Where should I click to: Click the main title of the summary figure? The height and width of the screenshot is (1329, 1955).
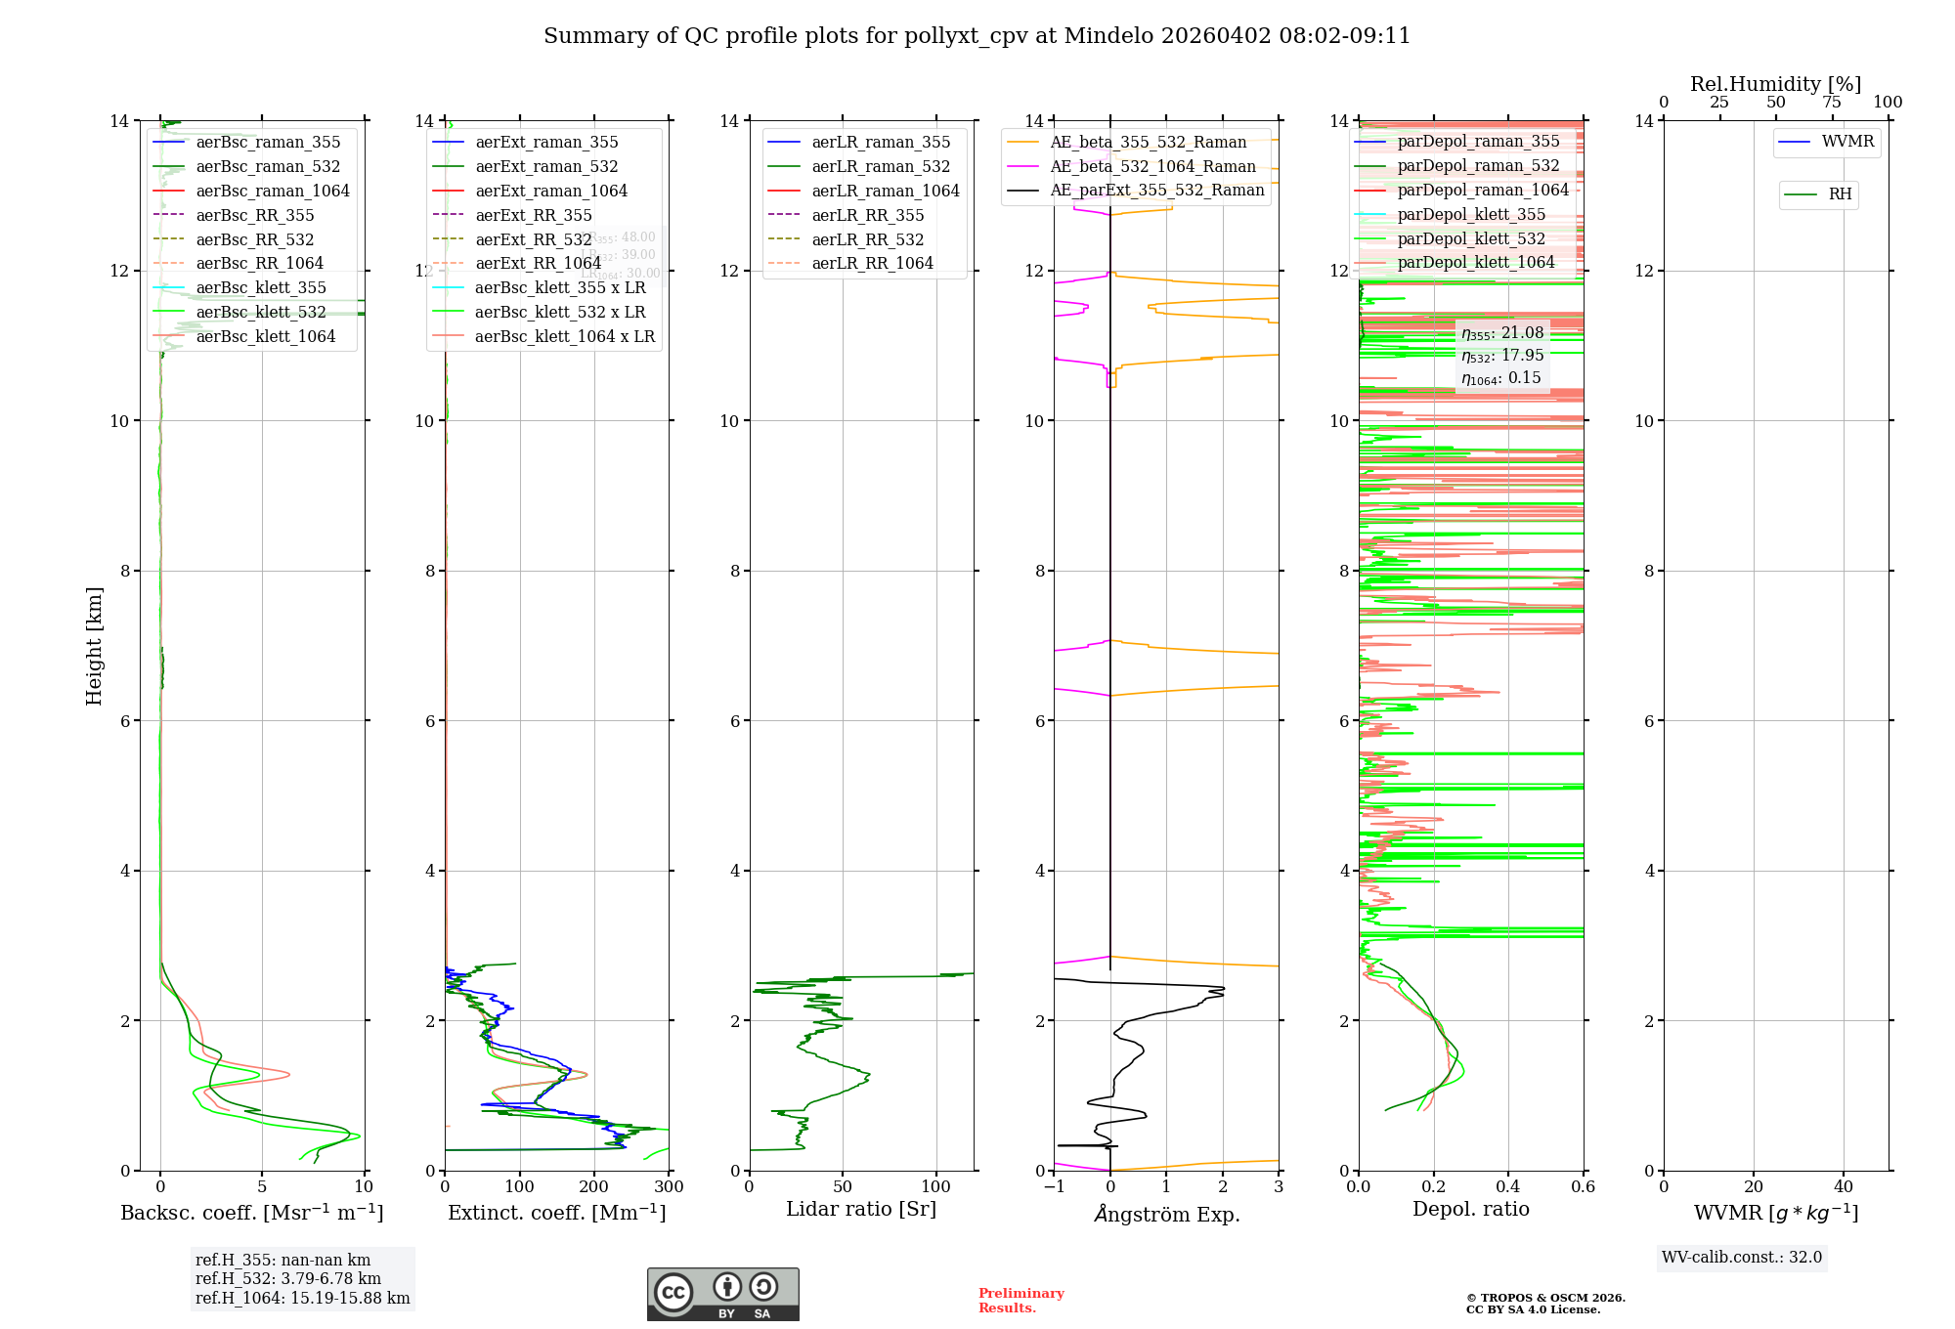click(977, 36)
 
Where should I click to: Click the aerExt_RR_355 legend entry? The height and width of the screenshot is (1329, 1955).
click(533, 215)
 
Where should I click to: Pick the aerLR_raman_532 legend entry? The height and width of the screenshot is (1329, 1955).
click(880, 166)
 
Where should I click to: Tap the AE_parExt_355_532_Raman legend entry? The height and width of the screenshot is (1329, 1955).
click(1156, 190)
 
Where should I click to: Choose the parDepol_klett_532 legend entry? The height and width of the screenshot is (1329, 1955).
click(1471, 238)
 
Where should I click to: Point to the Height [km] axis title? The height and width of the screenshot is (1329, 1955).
click(94, 645)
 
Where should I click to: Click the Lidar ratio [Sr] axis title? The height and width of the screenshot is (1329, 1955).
click(860, 1209)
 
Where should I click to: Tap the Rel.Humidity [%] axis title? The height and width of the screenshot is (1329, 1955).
click(1775, 84)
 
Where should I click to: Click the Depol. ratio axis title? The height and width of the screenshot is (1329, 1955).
click(1470, 1209)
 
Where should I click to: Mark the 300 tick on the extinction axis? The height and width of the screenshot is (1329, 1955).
click(669, 1187)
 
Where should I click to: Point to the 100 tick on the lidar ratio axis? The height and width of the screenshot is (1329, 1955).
click(935, 1187)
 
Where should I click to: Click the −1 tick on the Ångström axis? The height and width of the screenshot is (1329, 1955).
click(1054, 1187)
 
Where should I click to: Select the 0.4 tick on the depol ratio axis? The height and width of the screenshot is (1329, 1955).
click(1508, 1187)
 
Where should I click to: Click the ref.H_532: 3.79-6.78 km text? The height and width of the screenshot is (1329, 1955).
click(287, 1278)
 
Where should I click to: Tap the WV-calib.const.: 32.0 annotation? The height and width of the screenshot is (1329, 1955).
click(1741, 1257)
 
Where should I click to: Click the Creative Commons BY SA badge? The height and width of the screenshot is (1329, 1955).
click(722, 1294)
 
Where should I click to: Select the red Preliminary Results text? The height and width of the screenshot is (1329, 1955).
click(1021, 1300)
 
